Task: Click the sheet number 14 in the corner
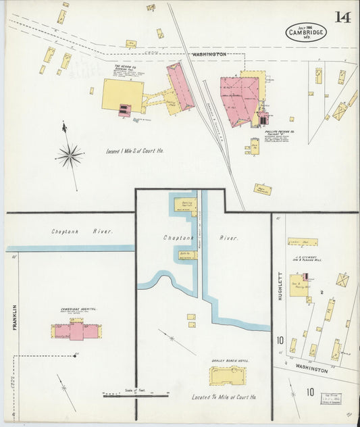click(342, 17)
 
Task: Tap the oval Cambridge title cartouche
click(305, 32)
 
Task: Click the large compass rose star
click(70, 155)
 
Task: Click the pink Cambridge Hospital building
click(76, 330)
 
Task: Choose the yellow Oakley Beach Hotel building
click(228, 376)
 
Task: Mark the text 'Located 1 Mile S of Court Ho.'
click(135, 151)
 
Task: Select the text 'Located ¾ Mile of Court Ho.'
click(224, 397)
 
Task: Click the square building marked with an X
click(342, 280)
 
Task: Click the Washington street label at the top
click(209, 53)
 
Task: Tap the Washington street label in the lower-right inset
click(311, 370)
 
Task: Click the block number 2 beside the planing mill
click(322, 292)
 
